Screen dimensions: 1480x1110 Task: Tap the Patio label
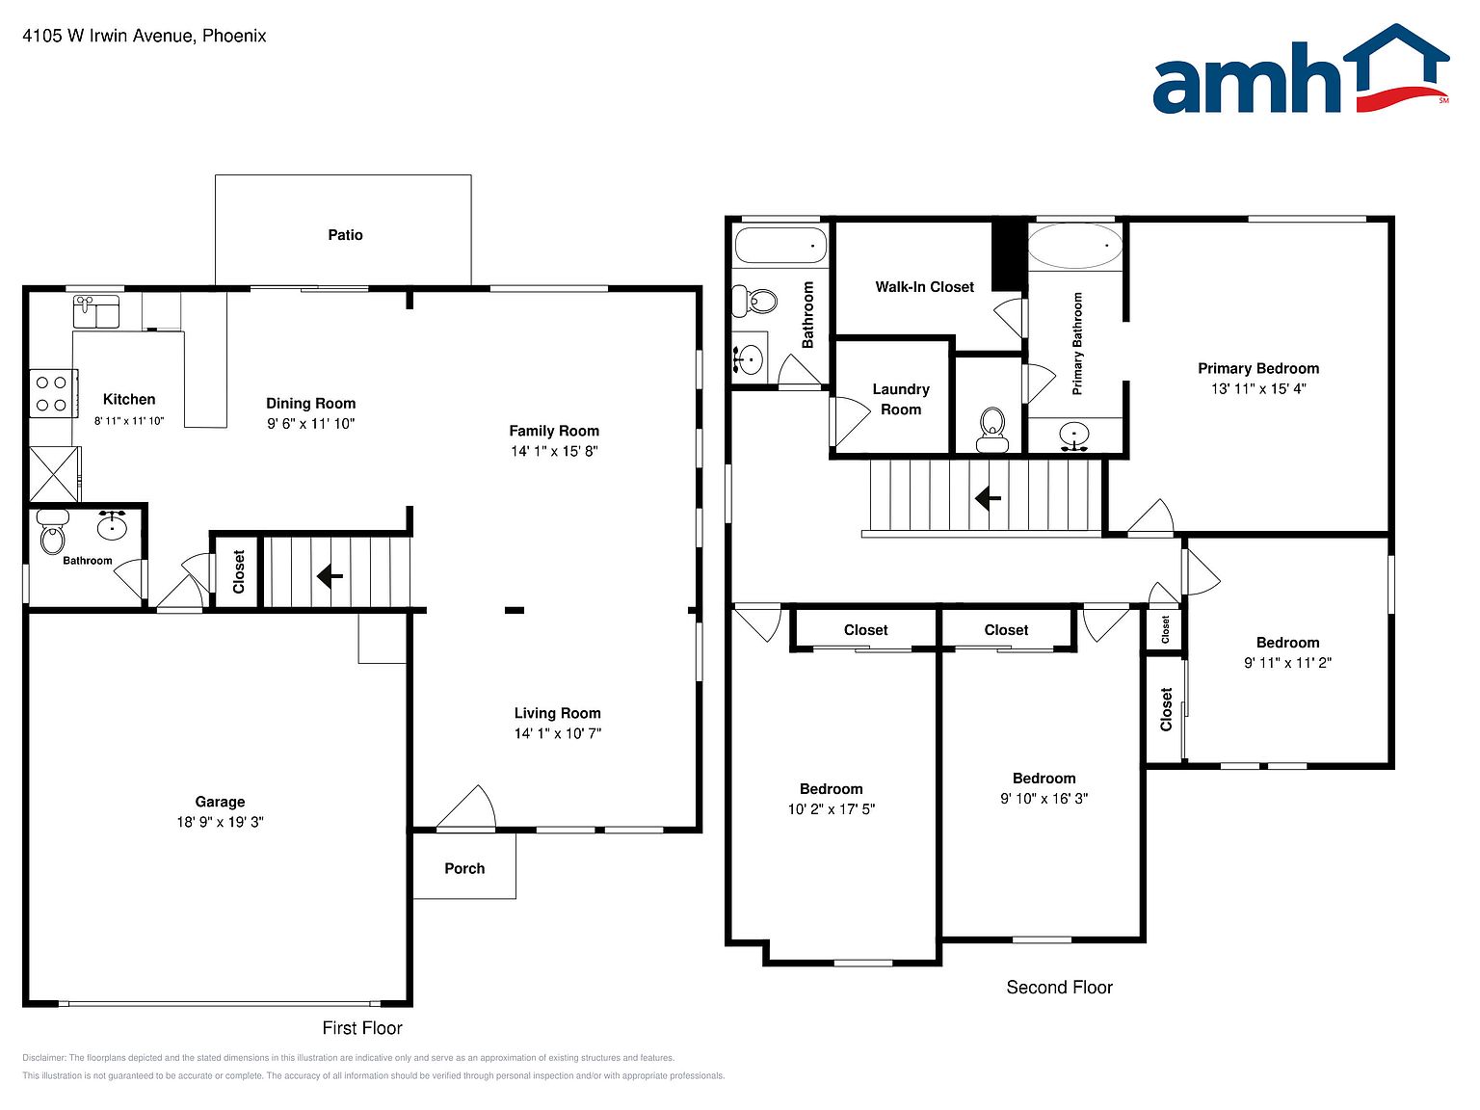345,234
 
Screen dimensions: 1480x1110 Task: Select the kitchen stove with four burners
53,393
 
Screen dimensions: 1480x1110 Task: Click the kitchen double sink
95,311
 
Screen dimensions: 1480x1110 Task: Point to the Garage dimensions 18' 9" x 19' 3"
220,822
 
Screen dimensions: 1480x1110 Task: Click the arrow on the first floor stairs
330,576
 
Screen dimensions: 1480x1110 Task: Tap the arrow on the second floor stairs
988,499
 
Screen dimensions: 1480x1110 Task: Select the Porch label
464,868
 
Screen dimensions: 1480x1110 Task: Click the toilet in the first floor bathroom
53,533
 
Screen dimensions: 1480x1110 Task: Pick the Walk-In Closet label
924,286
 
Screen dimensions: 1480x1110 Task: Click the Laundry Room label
901,399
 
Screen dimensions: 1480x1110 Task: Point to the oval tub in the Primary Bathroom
1074,246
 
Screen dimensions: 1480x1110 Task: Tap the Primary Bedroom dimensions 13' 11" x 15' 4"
1258,388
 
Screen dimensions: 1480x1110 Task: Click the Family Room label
554,431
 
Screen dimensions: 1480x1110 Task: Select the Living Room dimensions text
558,733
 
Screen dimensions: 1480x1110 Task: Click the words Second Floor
1059,988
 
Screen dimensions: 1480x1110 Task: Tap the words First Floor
362,1028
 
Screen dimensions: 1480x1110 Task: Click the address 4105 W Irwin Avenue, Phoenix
145,36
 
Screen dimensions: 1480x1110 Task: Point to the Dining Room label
311,403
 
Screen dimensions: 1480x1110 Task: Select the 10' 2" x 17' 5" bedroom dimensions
832,808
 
